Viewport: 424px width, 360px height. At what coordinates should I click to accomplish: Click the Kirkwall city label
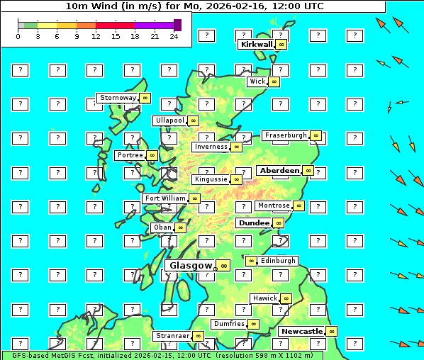[x=257, y=45]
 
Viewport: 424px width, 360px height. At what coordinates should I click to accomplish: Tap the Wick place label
[x=257, y=81]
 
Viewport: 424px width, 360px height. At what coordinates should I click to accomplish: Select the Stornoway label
[x=118, y=98]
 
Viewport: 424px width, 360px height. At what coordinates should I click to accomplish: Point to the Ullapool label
[x=169, y=121]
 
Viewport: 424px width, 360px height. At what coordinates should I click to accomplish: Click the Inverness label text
[x=211, y=147]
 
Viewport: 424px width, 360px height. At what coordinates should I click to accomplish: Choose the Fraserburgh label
[x=286, y=135]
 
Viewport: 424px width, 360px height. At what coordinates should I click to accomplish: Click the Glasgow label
[x=190, y=266]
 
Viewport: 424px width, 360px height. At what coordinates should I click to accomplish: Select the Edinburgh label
[x=278, y=261]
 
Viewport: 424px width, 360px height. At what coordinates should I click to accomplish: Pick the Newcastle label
[x=301, y=331]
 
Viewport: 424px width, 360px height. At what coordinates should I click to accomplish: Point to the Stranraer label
[x=172, y=336]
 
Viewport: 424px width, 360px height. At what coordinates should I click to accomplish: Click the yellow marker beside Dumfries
[x=253, y=324]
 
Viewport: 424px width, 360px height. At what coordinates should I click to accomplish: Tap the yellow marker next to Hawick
[x=286, y=298]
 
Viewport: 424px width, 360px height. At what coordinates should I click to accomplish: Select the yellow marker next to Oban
[x=181, y=227]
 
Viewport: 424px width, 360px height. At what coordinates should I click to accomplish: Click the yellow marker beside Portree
[x=152, y=155]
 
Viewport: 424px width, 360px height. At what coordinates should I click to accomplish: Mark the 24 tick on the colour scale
[x=174, y=36]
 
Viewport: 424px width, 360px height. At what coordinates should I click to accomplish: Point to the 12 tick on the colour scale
[x=96, y=36]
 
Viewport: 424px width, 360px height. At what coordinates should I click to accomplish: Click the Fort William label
[x=164, y=198]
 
